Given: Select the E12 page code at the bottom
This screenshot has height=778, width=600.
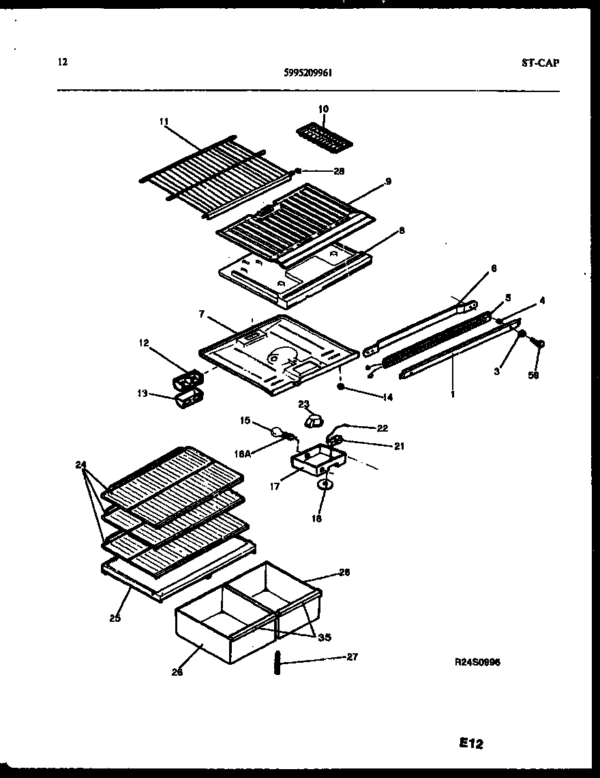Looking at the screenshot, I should (x=470, y=744).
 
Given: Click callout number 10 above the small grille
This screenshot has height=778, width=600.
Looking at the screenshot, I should (x=323, y=109).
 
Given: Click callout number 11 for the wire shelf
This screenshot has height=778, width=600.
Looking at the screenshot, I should (x=164, y=121).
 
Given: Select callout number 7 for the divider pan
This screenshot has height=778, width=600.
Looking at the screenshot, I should (x=202, y=314).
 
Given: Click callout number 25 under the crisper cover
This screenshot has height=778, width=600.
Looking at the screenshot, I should (x=115, y=618).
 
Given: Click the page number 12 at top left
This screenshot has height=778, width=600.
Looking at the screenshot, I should (x=63, y=63).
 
